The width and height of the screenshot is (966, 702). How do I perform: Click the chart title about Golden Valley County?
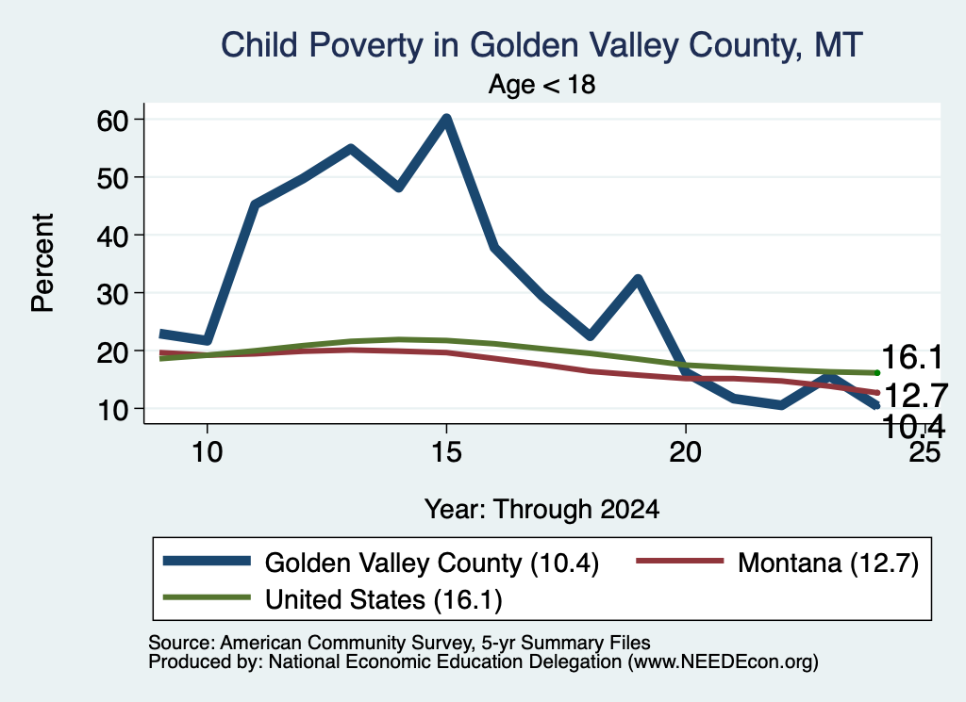point(541,45)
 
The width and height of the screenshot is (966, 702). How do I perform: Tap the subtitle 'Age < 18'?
point(542,84)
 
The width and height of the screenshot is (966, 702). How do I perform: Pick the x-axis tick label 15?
point(446,452)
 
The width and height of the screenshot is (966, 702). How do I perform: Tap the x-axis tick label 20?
point(685,452)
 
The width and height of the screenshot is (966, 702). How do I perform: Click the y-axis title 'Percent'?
point(43,263)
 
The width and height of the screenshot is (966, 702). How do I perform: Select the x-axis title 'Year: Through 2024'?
point(542,510)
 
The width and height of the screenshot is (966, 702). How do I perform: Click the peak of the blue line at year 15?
point(446,118)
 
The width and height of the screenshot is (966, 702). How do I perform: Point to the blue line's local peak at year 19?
point(638,280)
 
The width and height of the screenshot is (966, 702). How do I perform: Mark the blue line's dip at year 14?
point(399,187)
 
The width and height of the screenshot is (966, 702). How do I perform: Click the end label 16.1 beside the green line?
point(912,357)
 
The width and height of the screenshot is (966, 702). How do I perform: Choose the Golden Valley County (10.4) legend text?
point(432,563)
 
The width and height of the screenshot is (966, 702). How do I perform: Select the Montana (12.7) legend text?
point(828,563)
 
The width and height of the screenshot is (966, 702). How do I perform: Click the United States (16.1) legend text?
point(384,599)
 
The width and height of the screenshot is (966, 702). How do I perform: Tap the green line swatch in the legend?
point(207,597)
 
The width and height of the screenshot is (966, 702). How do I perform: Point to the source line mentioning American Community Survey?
point(399,643)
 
